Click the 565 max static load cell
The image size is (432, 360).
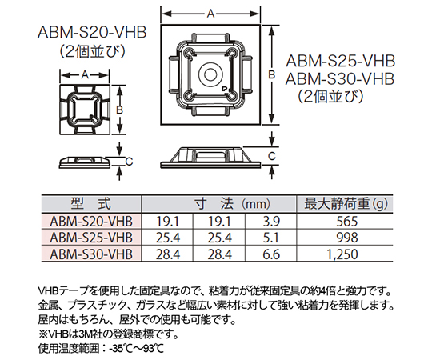[x=346, y=222]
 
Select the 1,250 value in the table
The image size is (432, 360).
[x=342, y=254]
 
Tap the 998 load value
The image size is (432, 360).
[x=347, y=238]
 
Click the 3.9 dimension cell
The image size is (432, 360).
[x=271, y=222]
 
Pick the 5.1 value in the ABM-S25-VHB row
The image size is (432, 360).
[x=270, y=238]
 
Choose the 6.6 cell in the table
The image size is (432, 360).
[x=271, y=254]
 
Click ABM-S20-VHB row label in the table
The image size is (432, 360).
[x=91, y=222]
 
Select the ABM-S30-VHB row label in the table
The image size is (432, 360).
[x=91, y=254]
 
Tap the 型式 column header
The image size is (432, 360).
[x=91, y=204]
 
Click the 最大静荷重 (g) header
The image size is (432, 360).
[x=346, y=204]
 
